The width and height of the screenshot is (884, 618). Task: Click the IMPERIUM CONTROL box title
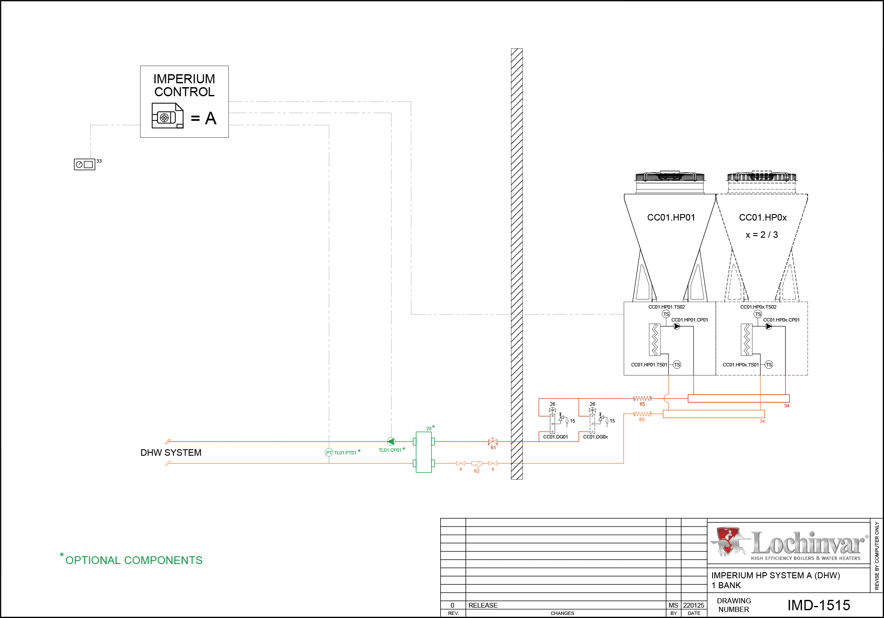(x=184, y=85)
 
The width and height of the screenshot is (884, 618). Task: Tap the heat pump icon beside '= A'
(x=167, y=116)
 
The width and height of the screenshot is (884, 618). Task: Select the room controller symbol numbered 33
(x=85, y=164)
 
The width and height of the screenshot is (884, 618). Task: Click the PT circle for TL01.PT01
(x=329, y=452)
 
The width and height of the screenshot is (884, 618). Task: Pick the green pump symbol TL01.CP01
(x=391, y=441)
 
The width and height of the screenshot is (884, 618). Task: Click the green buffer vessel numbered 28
(x=423, y=452)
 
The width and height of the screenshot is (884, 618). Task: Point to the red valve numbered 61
(x=493, y=441)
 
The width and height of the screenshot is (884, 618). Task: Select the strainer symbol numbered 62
(x=477, y=464)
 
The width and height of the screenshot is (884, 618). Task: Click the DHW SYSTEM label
(x=171, y=453)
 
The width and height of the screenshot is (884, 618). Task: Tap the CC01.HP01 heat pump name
(x=671, y=218)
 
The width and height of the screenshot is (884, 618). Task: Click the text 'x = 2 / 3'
(x=762, y=235)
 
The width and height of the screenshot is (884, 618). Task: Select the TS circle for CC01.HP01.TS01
(x=677, y=365)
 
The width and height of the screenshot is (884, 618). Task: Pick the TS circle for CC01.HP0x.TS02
(x=758, y=314)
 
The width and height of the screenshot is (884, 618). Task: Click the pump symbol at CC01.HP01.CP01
(x=677, y=326)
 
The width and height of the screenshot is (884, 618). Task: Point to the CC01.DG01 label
(x=556, y=437)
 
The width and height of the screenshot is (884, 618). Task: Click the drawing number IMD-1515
(x=819, y=605)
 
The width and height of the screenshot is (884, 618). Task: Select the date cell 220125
(x=694, y=605)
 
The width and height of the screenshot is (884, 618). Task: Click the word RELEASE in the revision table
(x=483, y=605)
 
